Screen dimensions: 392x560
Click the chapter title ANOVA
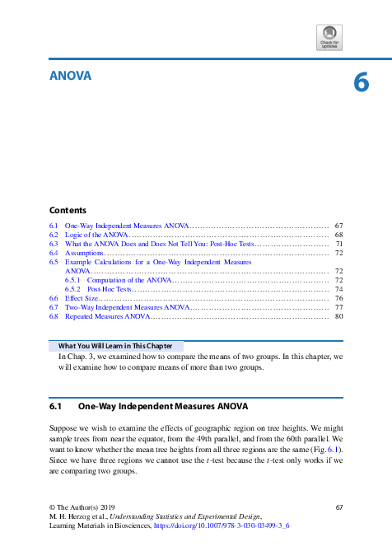pos(70,77)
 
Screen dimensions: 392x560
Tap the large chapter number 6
pos(360,84)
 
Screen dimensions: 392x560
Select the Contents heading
pos(68,210)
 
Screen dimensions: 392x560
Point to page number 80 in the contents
pos(338,316)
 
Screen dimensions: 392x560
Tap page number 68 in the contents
pos(338,235)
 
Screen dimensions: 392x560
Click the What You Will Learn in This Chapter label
pos(115,346)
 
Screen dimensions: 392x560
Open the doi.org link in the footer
pos(222,525)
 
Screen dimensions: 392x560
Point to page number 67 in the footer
pos(338,505)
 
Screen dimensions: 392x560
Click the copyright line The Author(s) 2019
pos(83,505)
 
